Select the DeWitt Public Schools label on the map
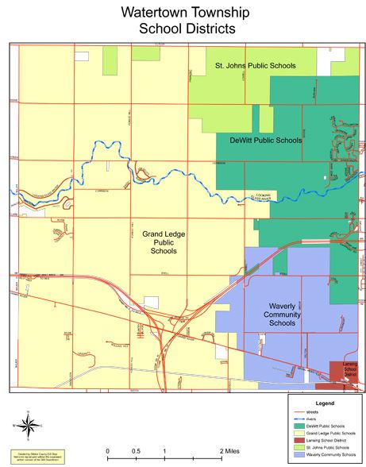pyautogui.click(x=265, y=140)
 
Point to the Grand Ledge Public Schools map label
pyautogui.click(x=164, y=242)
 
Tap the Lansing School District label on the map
pyautogui.click(x=346, y=371)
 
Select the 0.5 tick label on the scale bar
pyautogui.click(x=136, y=450)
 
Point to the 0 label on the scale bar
pyautogui.click(x=107, y=450)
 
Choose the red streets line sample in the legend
pyautogui.click(x=299, y=413)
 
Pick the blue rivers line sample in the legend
pyautogui.click(x=299, y=420)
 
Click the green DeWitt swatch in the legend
pyautogui.click(x=299, y=427)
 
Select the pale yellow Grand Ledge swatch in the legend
pyautogui.click(x=299, y=434)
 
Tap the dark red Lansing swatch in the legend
pyautogui.click(x=299, y=442)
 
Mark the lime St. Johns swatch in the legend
pyautogui.click(x=299, y=449)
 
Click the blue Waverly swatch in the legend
pyautogui.click(x=299, y=456)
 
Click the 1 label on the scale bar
pyautogui.click(x=164, y=450)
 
